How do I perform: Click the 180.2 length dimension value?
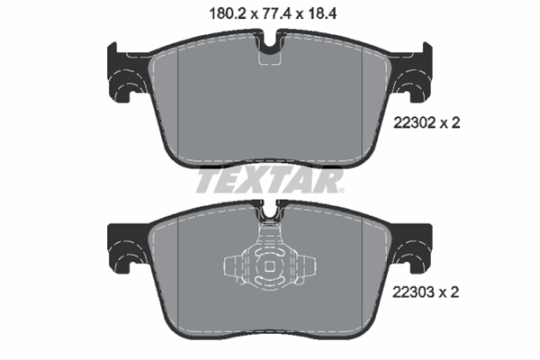pos(227,13)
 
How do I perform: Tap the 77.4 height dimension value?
pos(275,13)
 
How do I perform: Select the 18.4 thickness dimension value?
pos(321,13)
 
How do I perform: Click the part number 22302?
pos(415,122)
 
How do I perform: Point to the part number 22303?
pos(414,292)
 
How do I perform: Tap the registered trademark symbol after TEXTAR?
pos(341,190)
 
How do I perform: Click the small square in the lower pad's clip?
pos(269,266)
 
